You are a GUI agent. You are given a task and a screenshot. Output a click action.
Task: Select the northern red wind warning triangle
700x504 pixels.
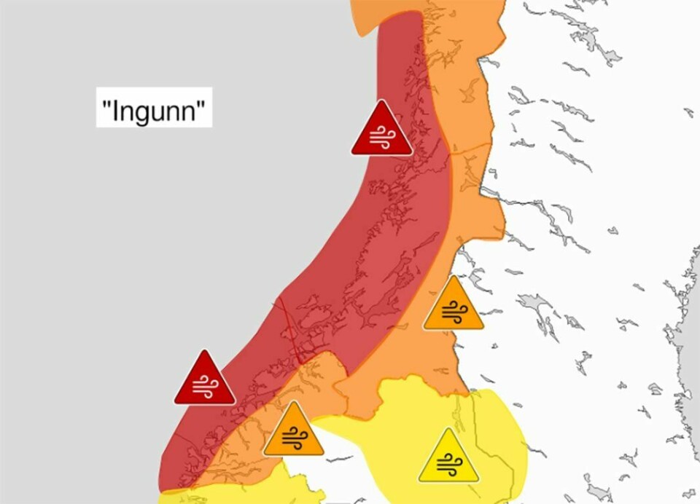point(381,132)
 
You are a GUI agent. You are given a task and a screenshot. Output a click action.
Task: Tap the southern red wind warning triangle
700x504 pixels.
point(204,381)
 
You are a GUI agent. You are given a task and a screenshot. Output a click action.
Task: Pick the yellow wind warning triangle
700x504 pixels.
point(448,459)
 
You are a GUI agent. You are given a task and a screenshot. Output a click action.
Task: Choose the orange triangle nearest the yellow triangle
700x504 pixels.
point(293,433)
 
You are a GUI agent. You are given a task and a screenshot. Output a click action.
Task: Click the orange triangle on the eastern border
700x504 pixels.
point(453,307)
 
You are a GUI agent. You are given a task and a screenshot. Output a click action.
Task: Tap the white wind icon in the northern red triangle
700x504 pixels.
point(381,137)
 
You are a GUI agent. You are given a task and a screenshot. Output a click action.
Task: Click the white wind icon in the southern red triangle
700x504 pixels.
point(204,387)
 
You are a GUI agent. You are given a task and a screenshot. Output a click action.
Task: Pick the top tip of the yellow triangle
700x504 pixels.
point(448,429)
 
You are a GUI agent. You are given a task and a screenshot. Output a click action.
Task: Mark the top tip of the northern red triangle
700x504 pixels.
point(381,101)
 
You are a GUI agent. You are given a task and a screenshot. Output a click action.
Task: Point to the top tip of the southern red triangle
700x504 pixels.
point(204,351)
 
